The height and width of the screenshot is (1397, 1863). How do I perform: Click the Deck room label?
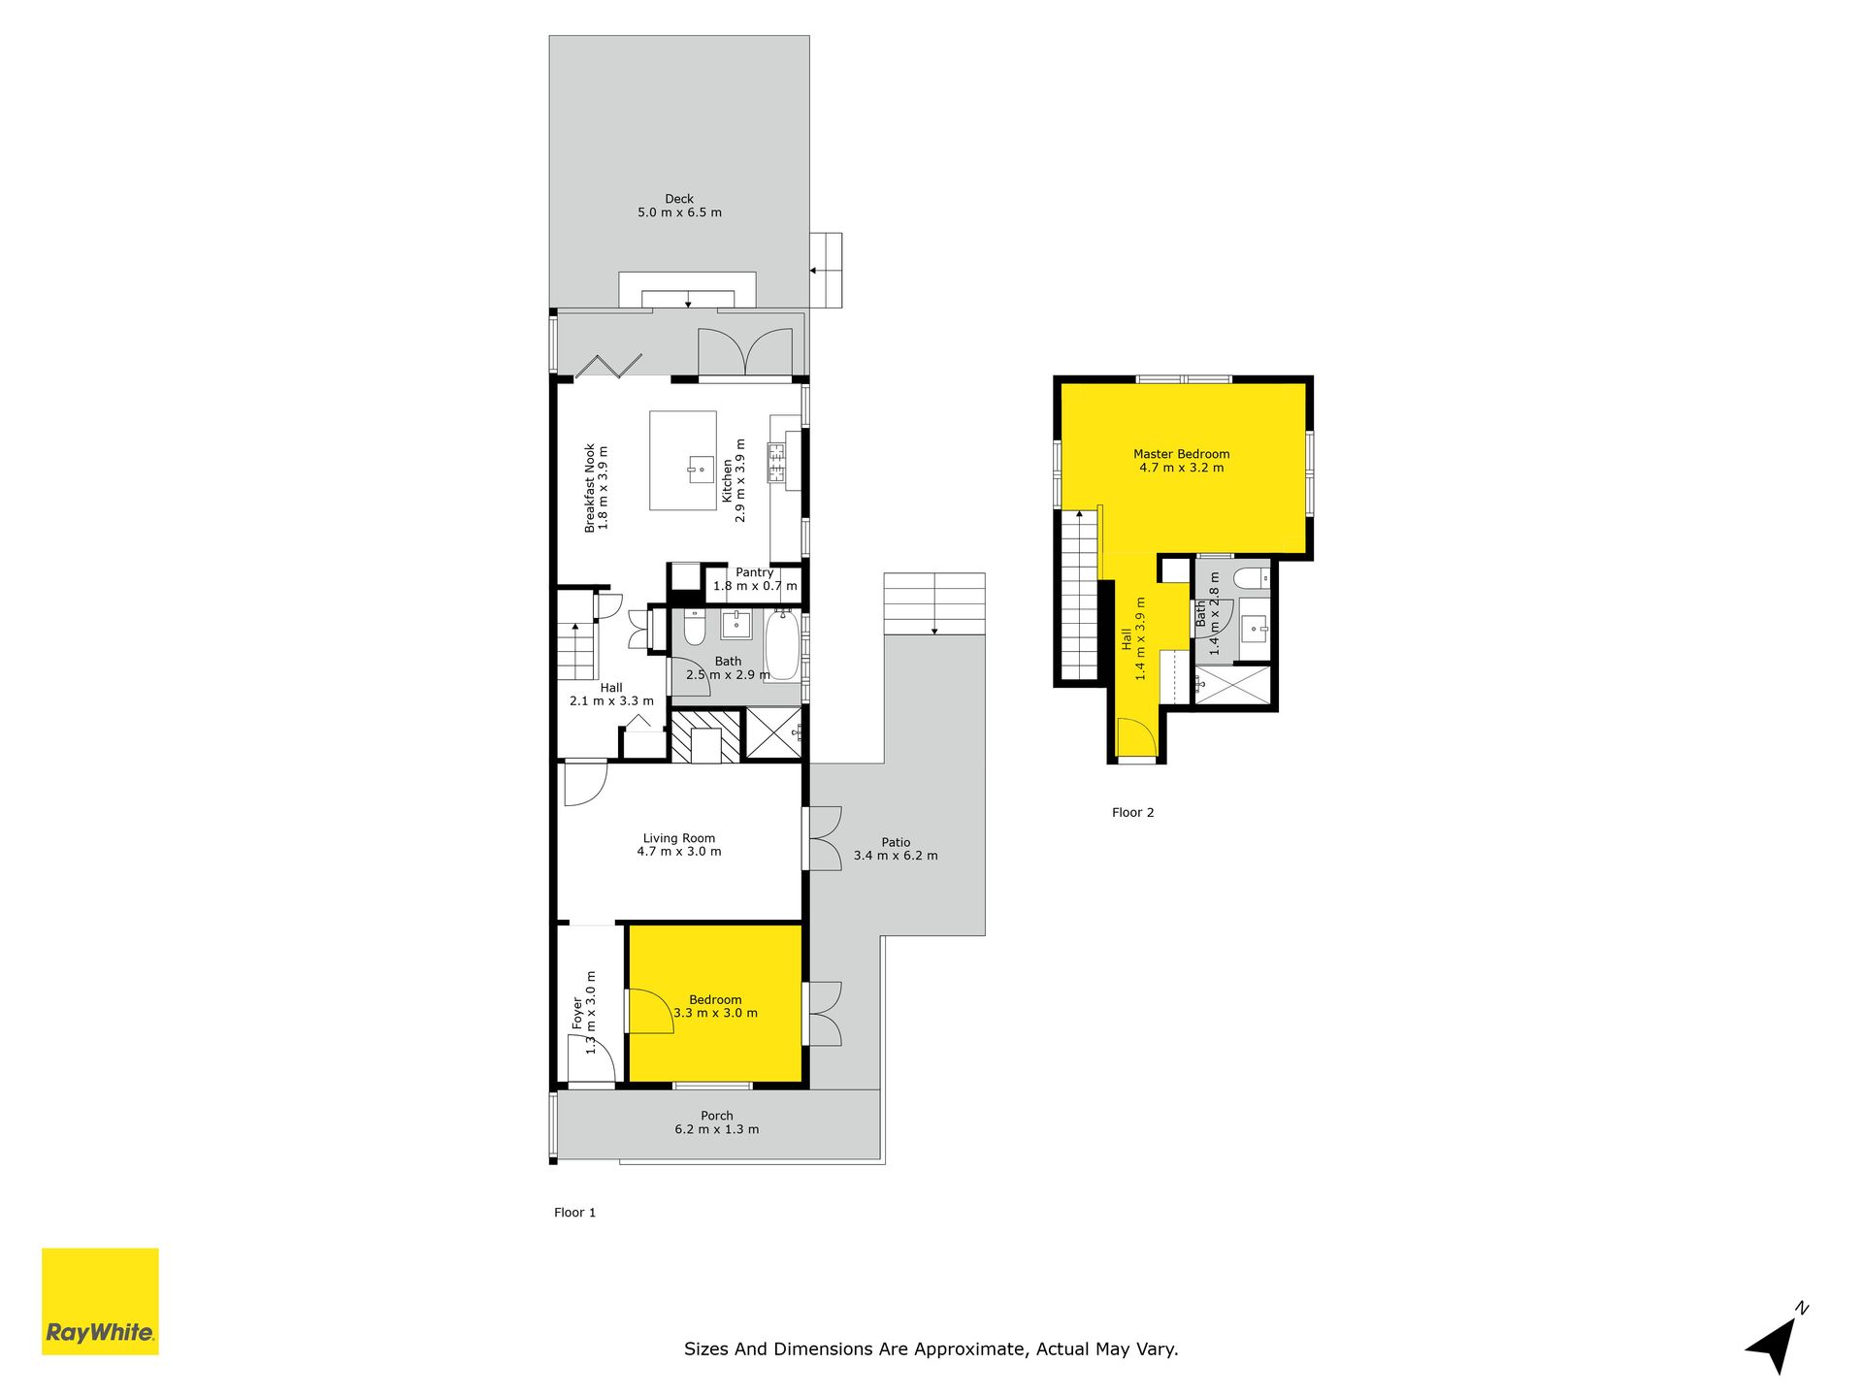point(679,199)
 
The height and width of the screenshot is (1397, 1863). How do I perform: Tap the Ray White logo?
point(100,1301)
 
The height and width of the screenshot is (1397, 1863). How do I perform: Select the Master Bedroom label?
point(1181,454)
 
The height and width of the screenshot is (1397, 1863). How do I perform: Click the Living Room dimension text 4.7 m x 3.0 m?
point(679,852)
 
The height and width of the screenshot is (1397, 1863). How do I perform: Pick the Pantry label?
point(754,572)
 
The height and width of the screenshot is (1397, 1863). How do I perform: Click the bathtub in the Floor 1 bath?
point(782,646)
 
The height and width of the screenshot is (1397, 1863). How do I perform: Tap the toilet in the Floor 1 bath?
point(695,629)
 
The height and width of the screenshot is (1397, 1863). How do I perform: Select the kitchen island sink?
point(700,470)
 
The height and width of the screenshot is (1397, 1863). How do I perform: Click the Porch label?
point(717,1116)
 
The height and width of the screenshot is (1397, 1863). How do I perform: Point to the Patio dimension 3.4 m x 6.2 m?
point(896,856)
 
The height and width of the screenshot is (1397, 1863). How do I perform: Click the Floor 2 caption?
point(1132,813)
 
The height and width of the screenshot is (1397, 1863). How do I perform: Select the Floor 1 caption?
point(574,1213)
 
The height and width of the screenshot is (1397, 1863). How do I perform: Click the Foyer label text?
point(577,1014)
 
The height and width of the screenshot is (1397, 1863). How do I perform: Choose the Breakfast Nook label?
point(589,489)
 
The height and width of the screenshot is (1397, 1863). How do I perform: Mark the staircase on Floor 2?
point(1079,594)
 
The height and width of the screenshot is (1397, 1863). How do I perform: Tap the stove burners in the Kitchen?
point(776,463)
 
